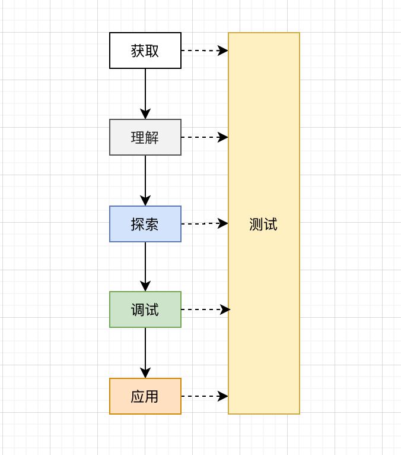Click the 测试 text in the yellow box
click(x=263, y=225)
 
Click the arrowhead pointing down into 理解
click(x=145, y=114)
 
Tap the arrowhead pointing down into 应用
click(x=145, y=373)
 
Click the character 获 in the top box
click(x=138, y=51)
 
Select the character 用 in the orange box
click(x=152, y=396)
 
